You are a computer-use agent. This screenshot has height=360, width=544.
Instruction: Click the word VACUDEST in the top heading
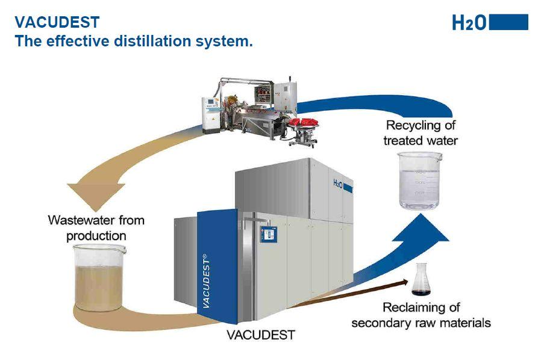coord(57,23)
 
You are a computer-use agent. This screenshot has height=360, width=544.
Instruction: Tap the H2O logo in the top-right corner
coord(469,23)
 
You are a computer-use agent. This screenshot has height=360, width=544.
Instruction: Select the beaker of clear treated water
coord(420,181)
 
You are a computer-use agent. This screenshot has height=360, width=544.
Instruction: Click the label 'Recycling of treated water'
coord(421,133)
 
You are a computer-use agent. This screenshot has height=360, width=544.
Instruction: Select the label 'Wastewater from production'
coord(96,228)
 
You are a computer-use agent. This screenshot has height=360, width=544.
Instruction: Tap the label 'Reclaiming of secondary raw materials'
coord(421,315)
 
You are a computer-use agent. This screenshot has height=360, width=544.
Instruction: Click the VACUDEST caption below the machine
coord(261,335)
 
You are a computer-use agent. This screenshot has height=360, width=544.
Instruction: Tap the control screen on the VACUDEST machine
coord(266,233)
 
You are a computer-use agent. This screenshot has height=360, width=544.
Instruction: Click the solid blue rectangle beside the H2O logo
coord(509,22)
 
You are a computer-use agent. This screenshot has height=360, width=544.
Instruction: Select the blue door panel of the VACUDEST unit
coord(217,265)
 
